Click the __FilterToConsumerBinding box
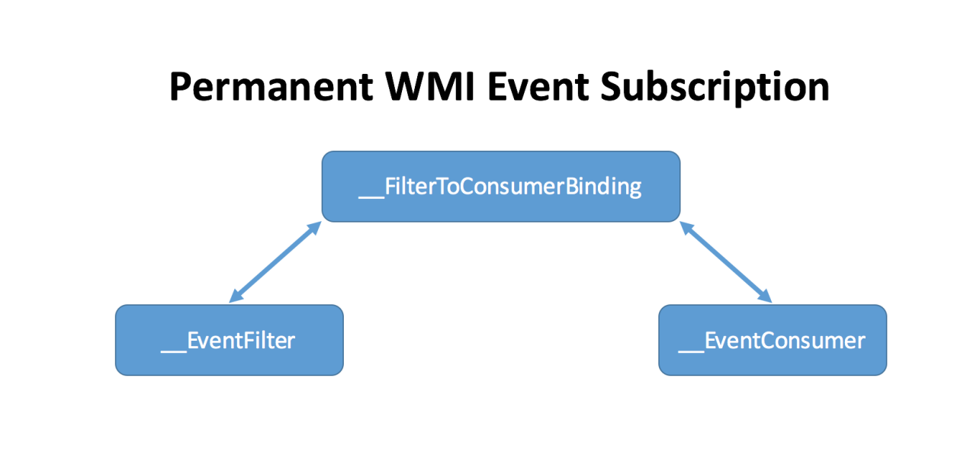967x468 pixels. click(500, 187)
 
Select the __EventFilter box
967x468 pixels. click(229, 340)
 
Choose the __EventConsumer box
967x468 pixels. click(772, 340)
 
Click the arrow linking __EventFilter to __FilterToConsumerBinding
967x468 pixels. click(275, 261)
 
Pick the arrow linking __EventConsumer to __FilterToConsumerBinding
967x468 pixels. click(725, 261)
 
